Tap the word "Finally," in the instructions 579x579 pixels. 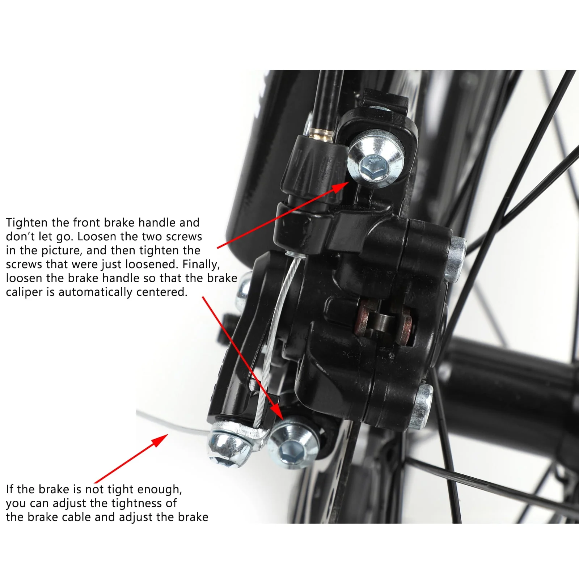(x=201, y=265)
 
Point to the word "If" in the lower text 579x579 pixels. (x=10, y=489)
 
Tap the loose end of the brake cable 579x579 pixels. (x=145, y=415)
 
